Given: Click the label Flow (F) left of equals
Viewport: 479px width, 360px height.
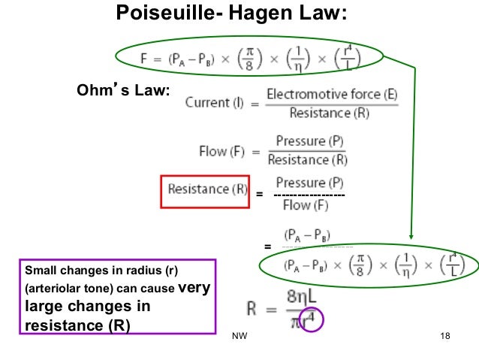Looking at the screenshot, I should coord(223,151).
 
